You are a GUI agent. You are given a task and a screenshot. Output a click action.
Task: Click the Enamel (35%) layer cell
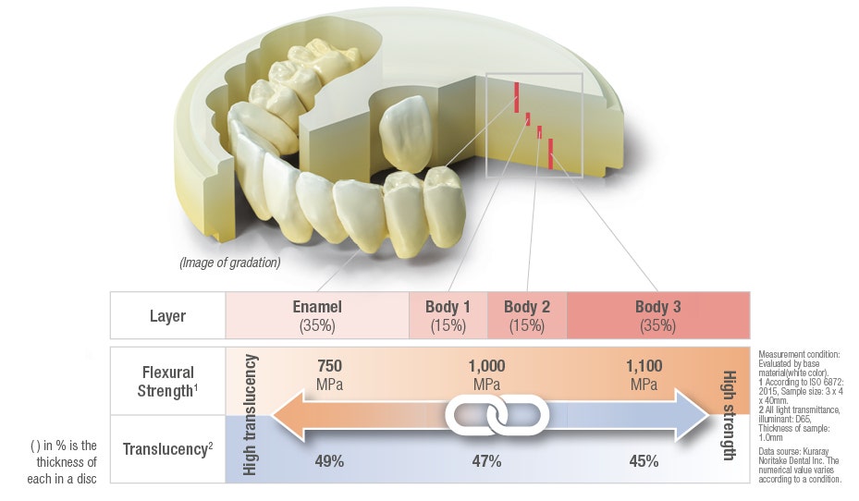(317, 315)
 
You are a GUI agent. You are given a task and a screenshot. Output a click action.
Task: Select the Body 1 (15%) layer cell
(448, 315)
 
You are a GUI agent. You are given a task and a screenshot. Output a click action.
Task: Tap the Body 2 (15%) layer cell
(527, 315)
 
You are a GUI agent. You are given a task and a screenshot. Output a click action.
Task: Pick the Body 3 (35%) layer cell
(658, 315)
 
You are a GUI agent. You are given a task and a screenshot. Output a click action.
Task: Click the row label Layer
(167, 316)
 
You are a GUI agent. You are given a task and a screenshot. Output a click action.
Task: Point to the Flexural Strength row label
(167, 381)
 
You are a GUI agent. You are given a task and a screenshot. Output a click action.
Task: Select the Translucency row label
(167, 449)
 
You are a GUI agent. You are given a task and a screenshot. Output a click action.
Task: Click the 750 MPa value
(329, 374)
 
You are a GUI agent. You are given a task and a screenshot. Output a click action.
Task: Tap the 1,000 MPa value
(486, 374)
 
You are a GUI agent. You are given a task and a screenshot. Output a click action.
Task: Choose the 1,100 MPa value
(644, 374)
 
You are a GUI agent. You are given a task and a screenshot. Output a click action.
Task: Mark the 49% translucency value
(329, 461)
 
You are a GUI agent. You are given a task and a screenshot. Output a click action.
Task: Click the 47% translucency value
(486, 461)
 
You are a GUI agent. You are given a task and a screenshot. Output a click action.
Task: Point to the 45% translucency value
(644, 461)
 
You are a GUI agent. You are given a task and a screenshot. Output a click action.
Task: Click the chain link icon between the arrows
(497, 414)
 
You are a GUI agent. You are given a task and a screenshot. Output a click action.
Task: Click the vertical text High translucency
(250, 414)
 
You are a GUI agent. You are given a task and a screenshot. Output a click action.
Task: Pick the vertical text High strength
(730, 416)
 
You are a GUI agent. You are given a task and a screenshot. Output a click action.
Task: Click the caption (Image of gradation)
(230, 263)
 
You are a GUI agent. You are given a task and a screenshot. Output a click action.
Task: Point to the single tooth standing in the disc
(405, 133)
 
